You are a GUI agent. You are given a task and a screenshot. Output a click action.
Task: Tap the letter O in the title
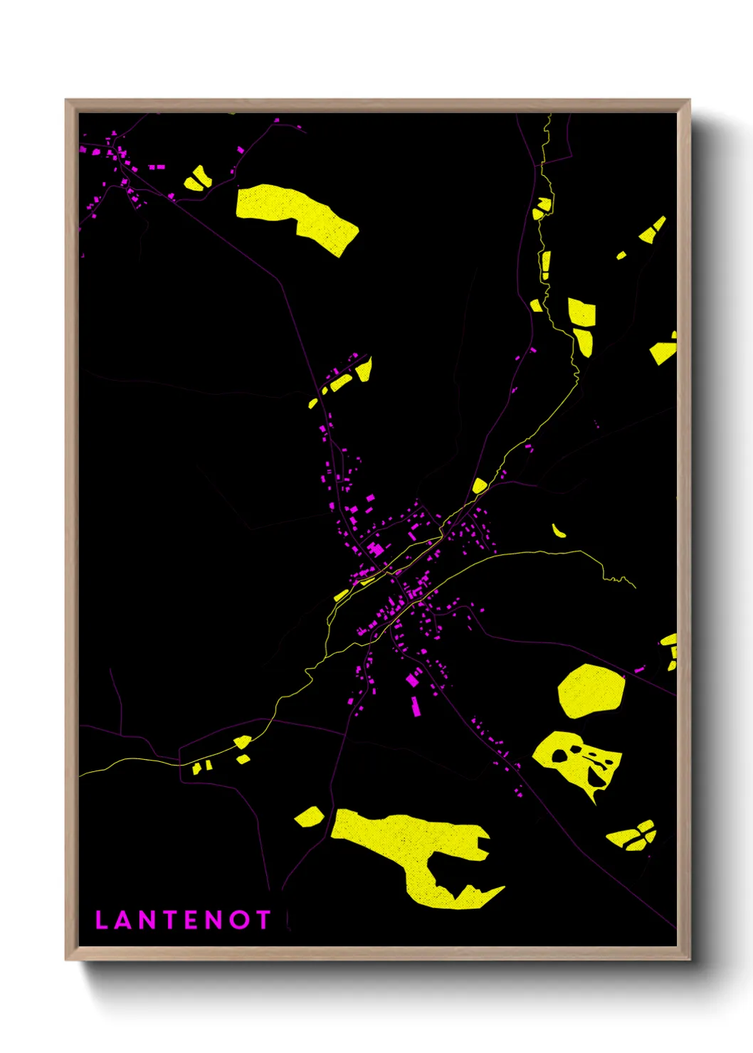(x=240, y=920)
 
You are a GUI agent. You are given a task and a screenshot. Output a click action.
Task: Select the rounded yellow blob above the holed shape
(x=591, y=690)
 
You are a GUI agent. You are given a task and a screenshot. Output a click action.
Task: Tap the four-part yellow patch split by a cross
(x=633, y=836)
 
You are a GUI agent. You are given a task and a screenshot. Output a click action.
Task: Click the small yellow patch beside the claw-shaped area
(x=309, y=816)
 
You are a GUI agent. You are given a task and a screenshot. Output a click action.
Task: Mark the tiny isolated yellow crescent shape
(x=559, y=531)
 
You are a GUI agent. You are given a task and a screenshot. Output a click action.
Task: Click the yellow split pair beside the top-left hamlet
(x=197, y=179)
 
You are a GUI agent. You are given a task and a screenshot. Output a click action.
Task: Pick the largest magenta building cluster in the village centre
(x=374, y=549)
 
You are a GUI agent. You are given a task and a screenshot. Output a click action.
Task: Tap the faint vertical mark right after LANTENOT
(x=288, y=920)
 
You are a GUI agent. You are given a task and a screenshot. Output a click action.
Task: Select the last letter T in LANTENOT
(x=263, y=920)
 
